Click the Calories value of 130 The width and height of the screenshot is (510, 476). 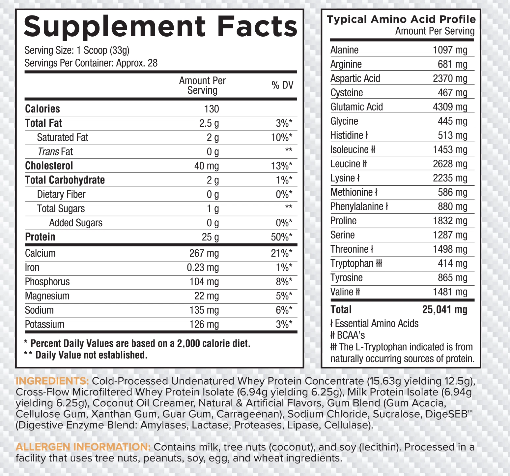coord(211,109)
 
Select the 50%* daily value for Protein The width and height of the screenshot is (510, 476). coord(282,237)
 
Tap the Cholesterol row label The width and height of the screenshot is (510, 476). coord(49,166)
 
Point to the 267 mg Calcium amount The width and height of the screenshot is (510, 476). coord(204,253)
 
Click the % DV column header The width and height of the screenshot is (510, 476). coord(282,85)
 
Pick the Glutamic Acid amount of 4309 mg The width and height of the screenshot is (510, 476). coord(450,107)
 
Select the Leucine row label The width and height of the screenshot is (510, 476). coord(345,164)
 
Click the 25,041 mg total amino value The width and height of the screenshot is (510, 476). coord(445,310)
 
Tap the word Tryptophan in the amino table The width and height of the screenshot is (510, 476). coord(352,264)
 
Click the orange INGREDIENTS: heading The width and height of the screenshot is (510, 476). coord(52,381)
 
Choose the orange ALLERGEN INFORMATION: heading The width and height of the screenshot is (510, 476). coord(83,447)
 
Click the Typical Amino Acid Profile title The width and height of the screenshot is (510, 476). coord(401,19)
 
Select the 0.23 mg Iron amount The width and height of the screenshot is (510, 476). coord(203,268)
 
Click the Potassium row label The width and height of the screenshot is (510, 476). coord(45,325)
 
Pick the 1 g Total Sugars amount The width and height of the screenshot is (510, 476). coord(212,209)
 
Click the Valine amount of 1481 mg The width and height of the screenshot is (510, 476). coord(450,292)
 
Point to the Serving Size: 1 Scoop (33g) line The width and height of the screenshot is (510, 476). coord(77,50)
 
